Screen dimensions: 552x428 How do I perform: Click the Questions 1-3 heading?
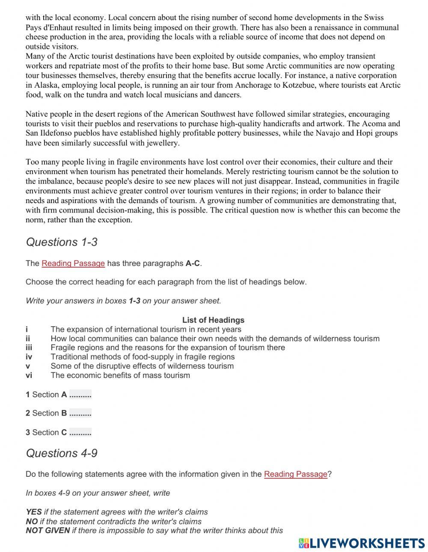point(62,242)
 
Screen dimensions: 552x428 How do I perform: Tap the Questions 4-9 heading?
point(62,453)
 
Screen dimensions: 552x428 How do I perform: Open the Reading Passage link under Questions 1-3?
point(73,263)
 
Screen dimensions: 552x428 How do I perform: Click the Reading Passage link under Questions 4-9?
point(295,474)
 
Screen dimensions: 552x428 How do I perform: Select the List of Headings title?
point(213,320)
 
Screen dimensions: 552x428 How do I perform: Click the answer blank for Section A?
point(80,395)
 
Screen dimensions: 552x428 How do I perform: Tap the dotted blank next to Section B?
point(80,413)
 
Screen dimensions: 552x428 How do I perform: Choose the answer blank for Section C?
point(80,432)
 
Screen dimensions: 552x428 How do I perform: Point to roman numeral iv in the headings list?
point(29,357)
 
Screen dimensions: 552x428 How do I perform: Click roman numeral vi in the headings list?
point(29,375)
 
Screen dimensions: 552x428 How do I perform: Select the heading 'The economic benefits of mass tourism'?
point(120,375)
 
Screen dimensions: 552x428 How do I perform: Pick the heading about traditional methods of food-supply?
point(143,357)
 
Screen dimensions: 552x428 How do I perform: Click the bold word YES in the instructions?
point(34,512)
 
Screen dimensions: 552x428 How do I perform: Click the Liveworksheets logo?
point(361,543)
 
